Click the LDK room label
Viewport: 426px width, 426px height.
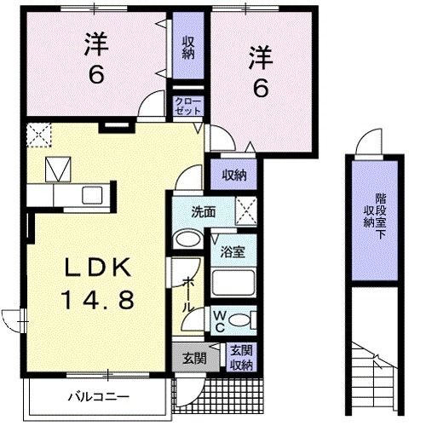coord(98,268)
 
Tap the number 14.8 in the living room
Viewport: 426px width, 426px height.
coord(97,301)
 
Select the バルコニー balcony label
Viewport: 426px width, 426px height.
coord(99,396)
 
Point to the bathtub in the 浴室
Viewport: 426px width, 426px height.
coord(233,283)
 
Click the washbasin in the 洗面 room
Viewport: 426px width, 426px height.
coord(187,239)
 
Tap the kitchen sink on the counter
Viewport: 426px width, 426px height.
coord(92,195)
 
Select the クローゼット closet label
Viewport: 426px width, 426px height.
coord(188,106)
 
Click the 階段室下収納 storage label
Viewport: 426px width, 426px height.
coord(375,214)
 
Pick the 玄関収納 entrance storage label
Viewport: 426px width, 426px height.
coord(241,358)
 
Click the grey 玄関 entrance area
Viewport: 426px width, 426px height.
coord(195,358)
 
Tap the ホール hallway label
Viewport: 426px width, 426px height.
coord(188,296)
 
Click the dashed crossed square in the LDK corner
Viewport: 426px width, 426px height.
coord(39,135)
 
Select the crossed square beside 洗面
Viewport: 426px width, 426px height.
coord(246,210)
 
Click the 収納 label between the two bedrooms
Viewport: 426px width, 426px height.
coord(188,48)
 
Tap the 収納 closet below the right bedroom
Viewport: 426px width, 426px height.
coord(234,176)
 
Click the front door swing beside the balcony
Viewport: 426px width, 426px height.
coord(190,391)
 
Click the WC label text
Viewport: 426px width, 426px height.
coord(220,321)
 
